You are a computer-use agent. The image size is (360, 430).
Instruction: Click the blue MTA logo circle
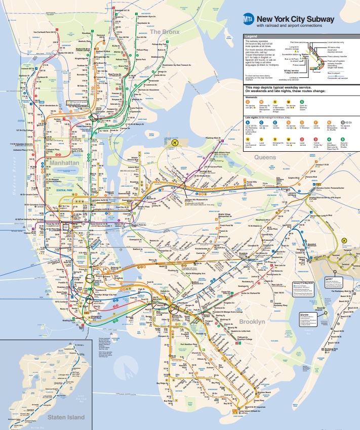249,20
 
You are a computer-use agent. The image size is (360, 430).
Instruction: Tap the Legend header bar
299,36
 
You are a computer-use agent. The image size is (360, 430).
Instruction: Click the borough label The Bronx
165,32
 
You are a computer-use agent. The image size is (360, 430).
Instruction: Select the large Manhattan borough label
64,163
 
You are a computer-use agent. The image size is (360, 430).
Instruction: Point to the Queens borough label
265,157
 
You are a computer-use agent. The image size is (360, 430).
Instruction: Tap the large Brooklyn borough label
253,322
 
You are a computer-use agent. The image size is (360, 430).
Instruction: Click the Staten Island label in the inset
66,417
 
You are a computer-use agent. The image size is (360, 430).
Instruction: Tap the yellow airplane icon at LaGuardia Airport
175,143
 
